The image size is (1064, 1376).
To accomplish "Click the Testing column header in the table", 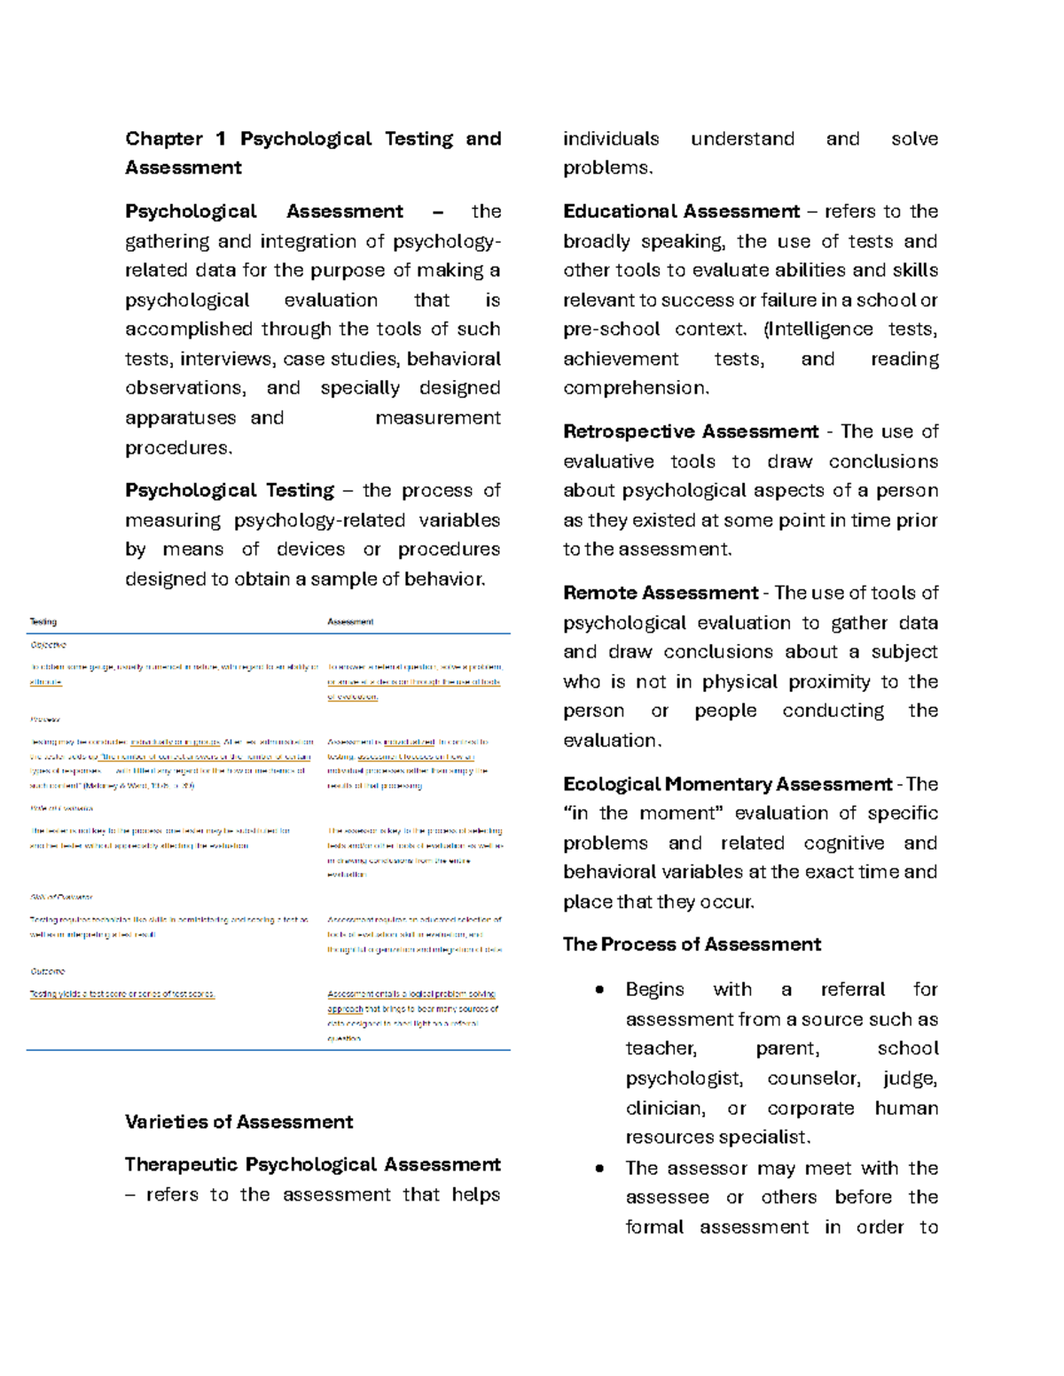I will click(x=43, y=622).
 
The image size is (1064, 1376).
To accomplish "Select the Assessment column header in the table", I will click(x=350, y=622).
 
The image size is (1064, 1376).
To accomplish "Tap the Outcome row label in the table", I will click(x=47, y=971).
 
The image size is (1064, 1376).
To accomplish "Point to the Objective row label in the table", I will click(x=48, y=645).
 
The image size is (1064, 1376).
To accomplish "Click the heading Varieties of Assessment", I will click(x=239, y=1122).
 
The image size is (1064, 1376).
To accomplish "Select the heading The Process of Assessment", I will click(x=692, y=945).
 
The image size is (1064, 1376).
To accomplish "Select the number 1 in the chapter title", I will click(x=220, y=139).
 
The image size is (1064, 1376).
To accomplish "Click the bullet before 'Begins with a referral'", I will click(x=600, y=990).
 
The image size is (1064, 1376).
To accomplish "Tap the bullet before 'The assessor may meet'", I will click(x=600, y=1169).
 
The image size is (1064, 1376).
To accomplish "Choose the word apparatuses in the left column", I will click(x=180, y=418).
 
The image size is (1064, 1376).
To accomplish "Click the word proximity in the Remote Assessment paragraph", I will click(x=825, y=681).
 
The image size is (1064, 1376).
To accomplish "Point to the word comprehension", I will click(x=636, y=388).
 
